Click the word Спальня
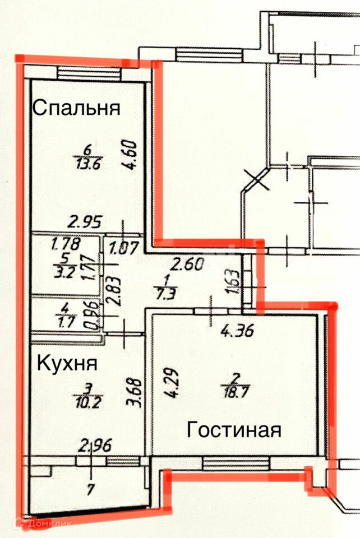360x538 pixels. point(76,108)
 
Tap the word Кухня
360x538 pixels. point(67,363)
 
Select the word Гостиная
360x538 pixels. point(233,430)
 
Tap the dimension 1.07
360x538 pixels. point(122,247)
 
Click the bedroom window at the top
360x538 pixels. point(89,73)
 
